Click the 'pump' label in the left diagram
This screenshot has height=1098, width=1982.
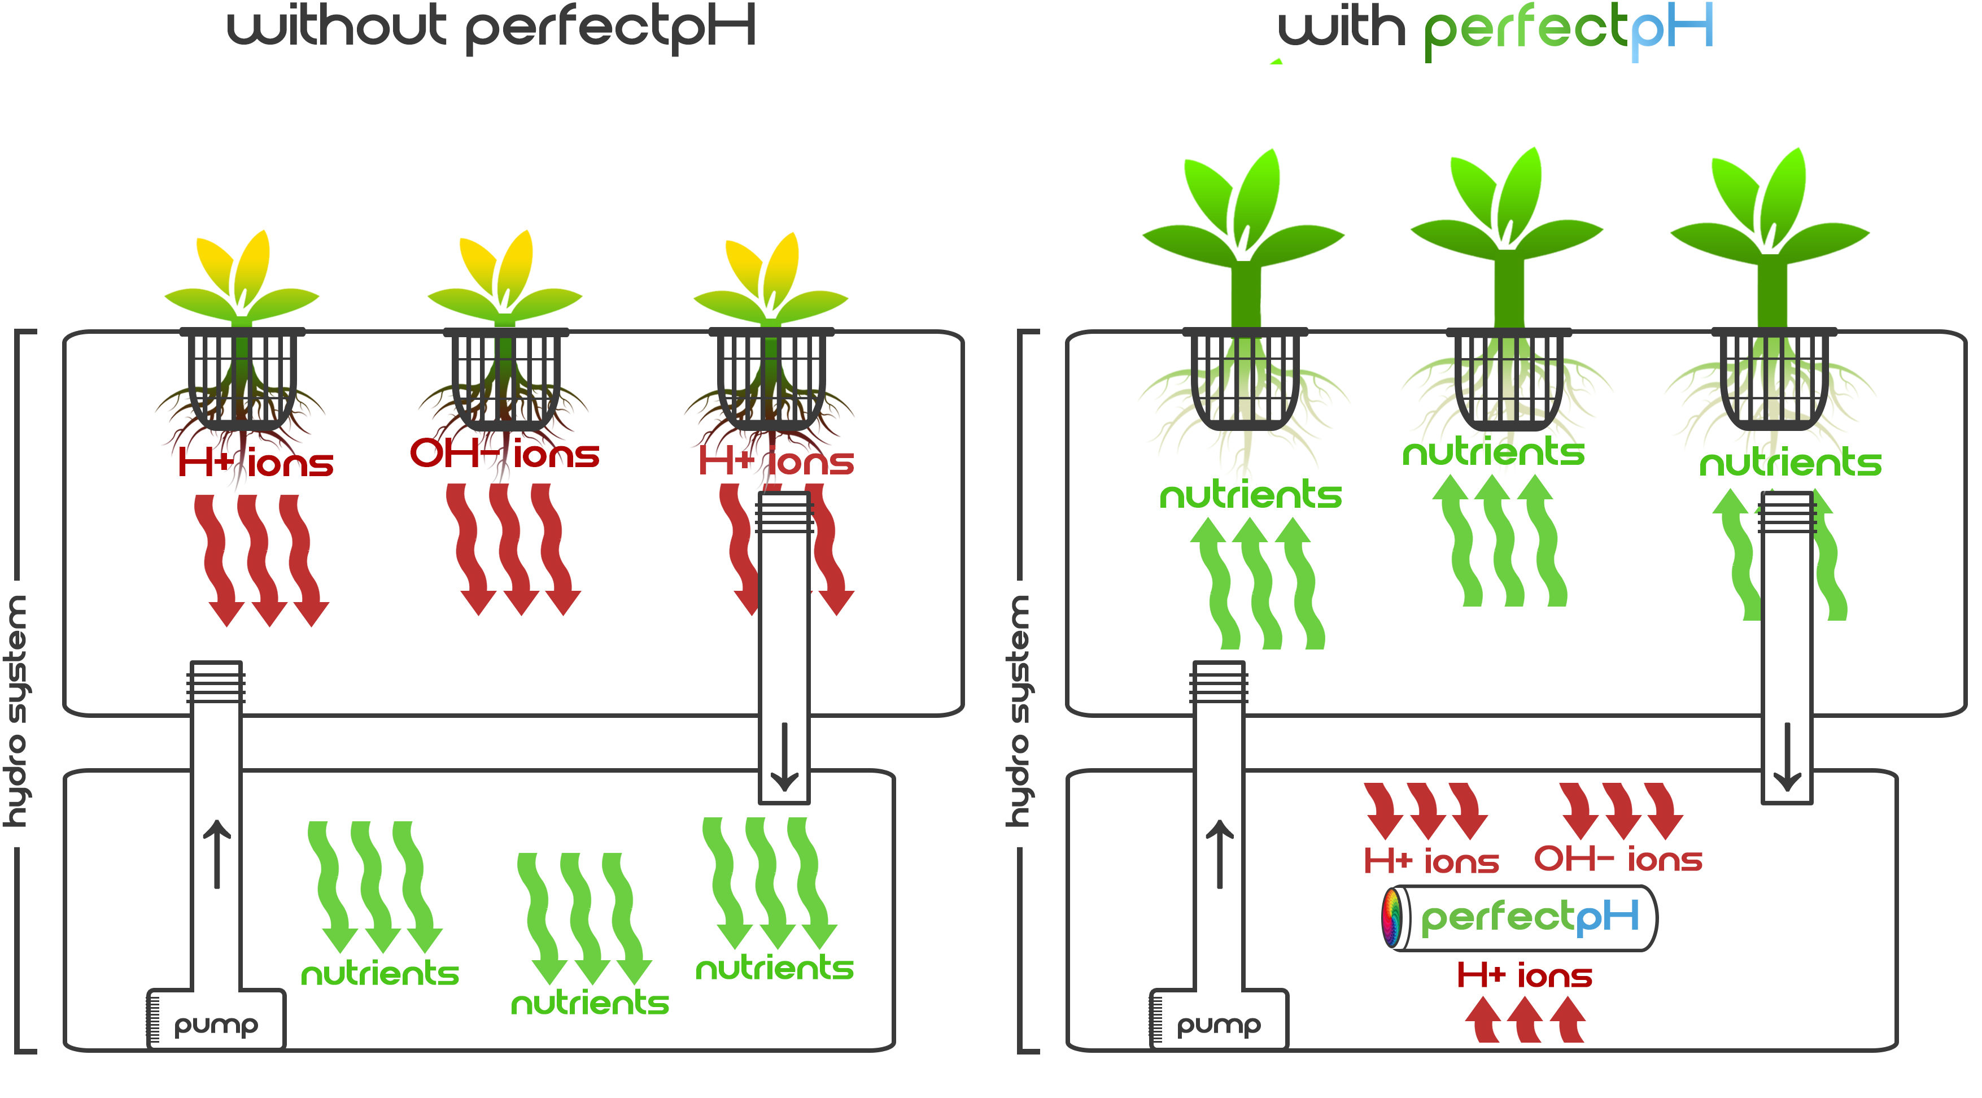216,1025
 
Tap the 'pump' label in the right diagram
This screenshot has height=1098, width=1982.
1219,1025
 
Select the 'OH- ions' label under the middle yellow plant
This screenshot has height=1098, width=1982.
504,454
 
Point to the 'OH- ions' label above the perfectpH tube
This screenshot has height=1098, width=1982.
1617,860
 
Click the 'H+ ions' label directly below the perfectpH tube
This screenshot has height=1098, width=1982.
1523,975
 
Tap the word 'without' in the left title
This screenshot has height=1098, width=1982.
336,27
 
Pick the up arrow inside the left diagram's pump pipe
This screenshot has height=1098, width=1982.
216,854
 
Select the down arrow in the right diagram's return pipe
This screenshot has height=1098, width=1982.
1787,757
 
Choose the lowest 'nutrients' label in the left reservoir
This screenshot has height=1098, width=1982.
590,1003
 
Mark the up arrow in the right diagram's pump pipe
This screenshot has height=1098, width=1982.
1220,854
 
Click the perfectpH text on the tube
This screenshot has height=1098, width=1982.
1530,917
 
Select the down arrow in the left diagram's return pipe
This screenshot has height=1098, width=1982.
784,757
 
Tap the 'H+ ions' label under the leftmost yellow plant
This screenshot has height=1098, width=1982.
255,463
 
